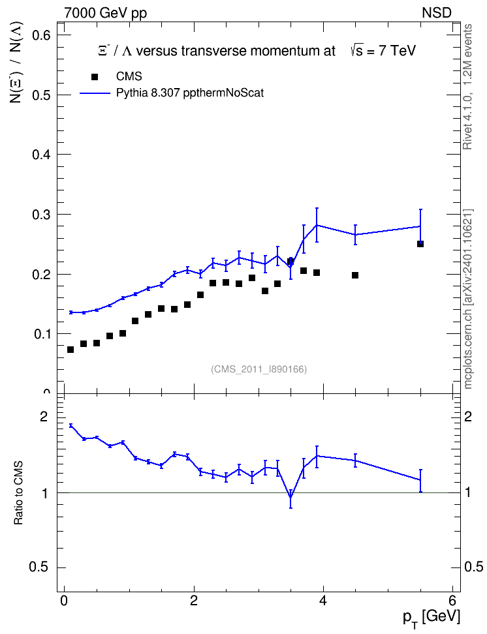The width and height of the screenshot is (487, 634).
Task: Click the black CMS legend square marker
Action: click(x=95, y=76)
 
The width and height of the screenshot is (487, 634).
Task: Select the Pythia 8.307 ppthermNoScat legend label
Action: click(x=190, y=93)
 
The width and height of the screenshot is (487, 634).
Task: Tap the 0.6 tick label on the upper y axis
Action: click(x=41, y=35)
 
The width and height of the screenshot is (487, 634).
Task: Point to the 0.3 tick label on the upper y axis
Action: click(x=41, y=215)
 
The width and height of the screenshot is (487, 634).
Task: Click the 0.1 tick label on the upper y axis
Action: click(x=41, y=334)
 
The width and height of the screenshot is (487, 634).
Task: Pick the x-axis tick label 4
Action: click(x=323, y=599)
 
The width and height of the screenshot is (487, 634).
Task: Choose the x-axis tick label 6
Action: click(x=452, y=599)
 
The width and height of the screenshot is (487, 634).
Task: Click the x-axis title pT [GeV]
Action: click(x=432, y=618)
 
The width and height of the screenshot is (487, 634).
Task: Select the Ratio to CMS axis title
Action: click(x=18, y=492)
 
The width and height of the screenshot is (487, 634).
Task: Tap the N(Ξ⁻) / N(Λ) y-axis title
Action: click(x=16, y=62)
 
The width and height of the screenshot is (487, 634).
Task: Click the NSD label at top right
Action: click(x=436, y=13)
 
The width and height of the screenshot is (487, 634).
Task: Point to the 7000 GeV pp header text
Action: click(x=105, y=13)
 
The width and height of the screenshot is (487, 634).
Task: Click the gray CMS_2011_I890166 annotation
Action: click(x=259, y=369)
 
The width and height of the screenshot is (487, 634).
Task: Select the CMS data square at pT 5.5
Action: click(x=420, y=244)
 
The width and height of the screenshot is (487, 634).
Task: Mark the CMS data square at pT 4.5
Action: click(x=355, y=275)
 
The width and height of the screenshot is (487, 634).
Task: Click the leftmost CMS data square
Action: click(x=71, y=350)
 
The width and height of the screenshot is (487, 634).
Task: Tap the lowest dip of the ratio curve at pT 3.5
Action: click(x=291, y=496)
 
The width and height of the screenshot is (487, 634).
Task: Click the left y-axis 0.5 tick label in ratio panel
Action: click(x=39, y=567)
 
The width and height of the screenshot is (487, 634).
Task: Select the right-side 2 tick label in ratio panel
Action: click(x=468, y=417)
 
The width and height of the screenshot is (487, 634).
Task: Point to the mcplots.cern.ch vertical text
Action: click(x=468, y=299)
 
